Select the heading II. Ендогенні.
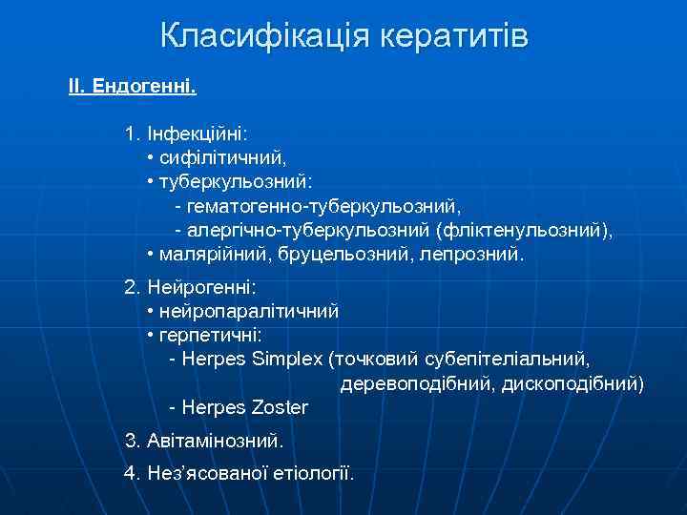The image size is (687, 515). click(x=133, y=88)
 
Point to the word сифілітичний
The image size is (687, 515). click(x=223, y=155)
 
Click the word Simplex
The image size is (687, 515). click(x=287, y=360)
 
